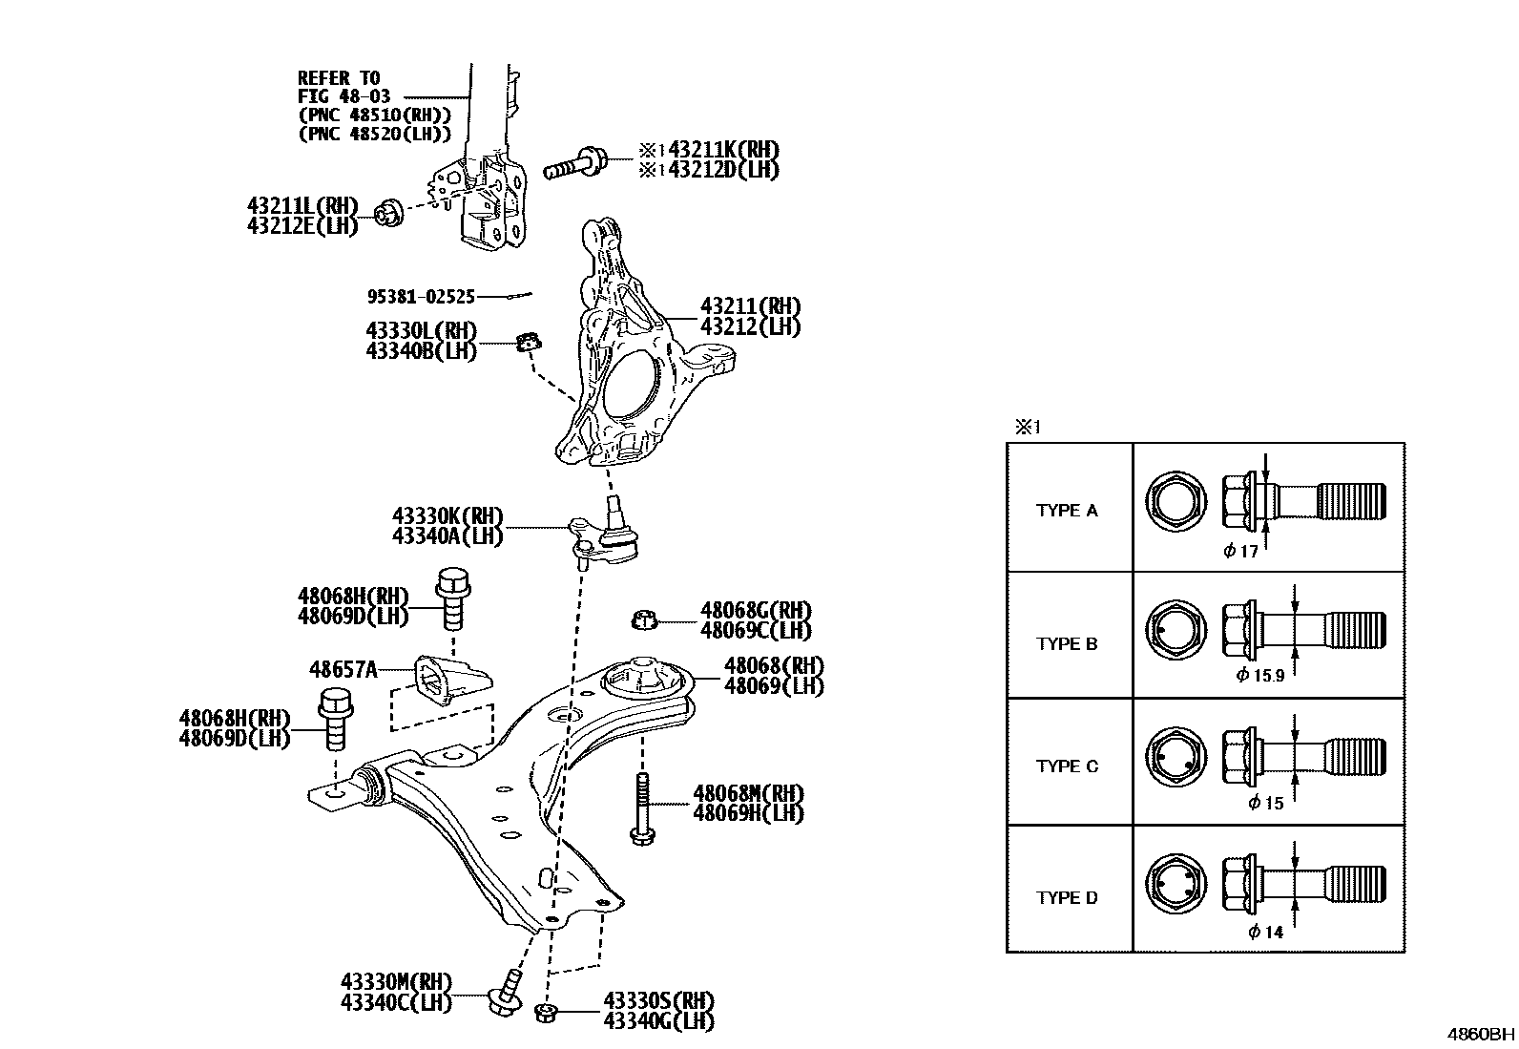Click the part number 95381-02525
[x=421, y=297]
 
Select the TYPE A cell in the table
[x=1067, y=511]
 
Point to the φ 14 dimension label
[x=1266, y=932]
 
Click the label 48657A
[x=343, y=669]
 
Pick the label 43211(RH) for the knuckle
[x=750, y=306]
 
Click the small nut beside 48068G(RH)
[x=645, y=621]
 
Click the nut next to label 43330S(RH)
[x=547, y=1013]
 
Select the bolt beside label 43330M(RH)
[x=505, y=994]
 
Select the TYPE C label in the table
[x=1067, y=766]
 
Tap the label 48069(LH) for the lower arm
[x=774, y=685]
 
